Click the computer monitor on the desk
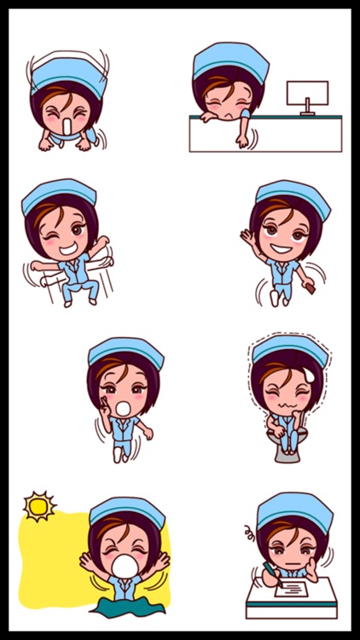tap(306, 93)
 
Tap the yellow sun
tap(38, 506)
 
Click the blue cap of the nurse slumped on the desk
tap(230, 60)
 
